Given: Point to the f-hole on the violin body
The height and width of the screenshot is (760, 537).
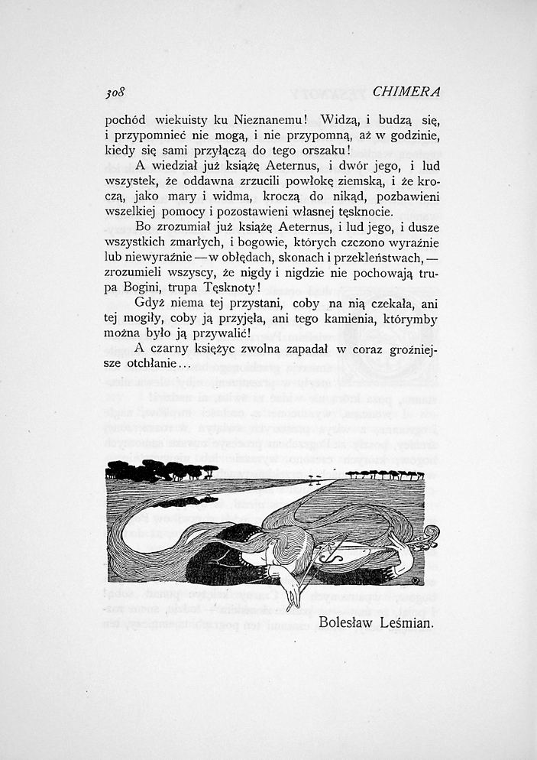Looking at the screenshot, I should coord(334,557).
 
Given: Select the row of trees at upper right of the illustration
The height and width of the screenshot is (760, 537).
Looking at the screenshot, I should coord(384,475).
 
